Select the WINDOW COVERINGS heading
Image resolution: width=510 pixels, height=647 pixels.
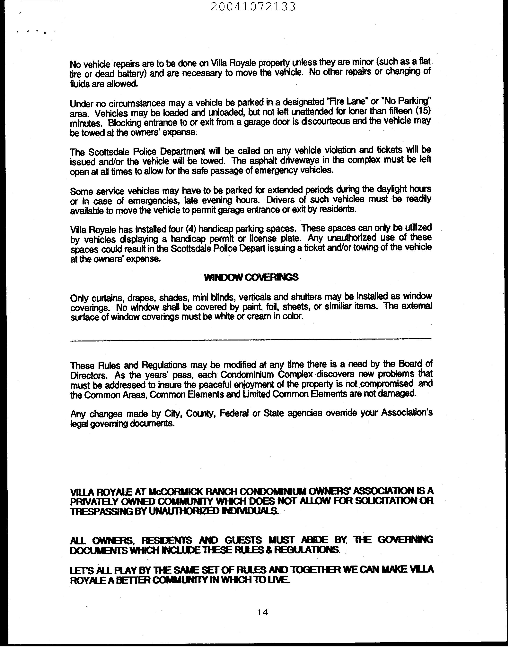click(x=251, y=277)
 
